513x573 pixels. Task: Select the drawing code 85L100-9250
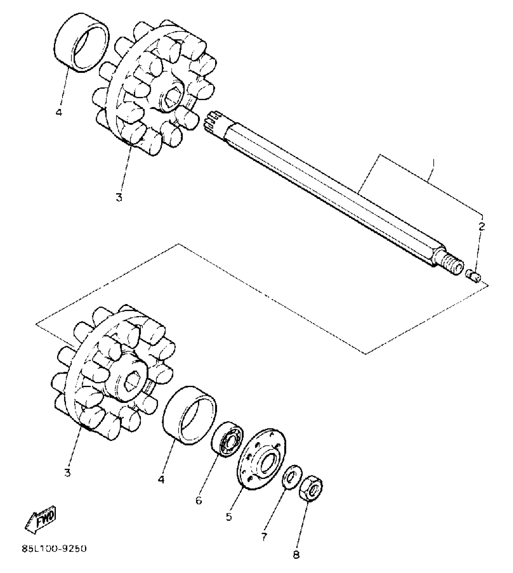54,548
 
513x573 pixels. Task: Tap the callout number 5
229,517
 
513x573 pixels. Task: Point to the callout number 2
481,227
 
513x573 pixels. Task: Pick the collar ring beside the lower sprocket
190,416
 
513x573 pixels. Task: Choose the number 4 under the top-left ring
59,112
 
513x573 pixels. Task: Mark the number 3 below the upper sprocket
119,197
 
